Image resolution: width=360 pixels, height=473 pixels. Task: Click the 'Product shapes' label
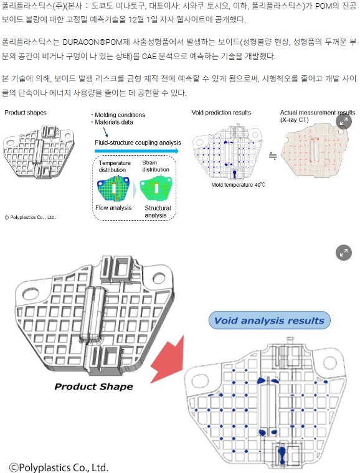pyautogui.click(x=26, y=113)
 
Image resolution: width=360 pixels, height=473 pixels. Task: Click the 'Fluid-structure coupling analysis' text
pyautogui.click(x=138, y=143)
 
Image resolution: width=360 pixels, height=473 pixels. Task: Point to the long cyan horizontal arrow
pyautogui.click(x=136, y=151)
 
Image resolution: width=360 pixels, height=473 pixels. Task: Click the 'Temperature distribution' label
pyautogui.click(x=115, y=166)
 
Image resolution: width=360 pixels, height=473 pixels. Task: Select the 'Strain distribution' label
pyautogui.click(x=156, y=166)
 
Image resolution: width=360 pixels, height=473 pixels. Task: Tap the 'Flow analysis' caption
pyautogui.click(x=113, y=208)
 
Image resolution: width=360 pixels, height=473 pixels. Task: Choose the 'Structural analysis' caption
pyautogui.click(x=158, y=212)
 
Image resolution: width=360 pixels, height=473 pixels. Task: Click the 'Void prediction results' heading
pyautogui.click(x=221, y=113)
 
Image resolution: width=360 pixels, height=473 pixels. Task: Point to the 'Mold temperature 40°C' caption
pyautogui.click(x=239, y=185)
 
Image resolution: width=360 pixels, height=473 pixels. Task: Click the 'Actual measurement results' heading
pyautogui.click(x=318, y=113)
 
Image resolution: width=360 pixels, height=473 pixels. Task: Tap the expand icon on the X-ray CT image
pyautogui.click(x=344, y=121)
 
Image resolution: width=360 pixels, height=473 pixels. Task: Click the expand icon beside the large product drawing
pyautogui.click(x=344, y=253)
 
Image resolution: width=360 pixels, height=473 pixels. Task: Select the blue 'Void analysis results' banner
pyautogui.click(x=270, y=321)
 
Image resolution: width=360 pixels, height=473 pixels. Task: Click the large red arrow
pyautogui.click(x=169, y=360)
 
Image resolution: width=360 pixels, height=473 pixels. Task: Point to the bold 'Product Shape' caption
pyautogui.click(x=93, y=386)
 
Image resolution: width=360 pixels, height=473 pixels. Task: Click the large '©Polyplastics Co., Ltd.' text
pyautogui.click(x=59, y=467)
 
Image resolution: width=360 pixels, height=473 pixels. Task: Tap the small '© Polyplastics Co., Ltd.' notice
pyautogui.click(x=30, y=217)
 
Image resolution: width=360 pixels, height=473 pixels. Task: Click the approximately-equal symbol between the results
pyautogui.click(x=273, y=156)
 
